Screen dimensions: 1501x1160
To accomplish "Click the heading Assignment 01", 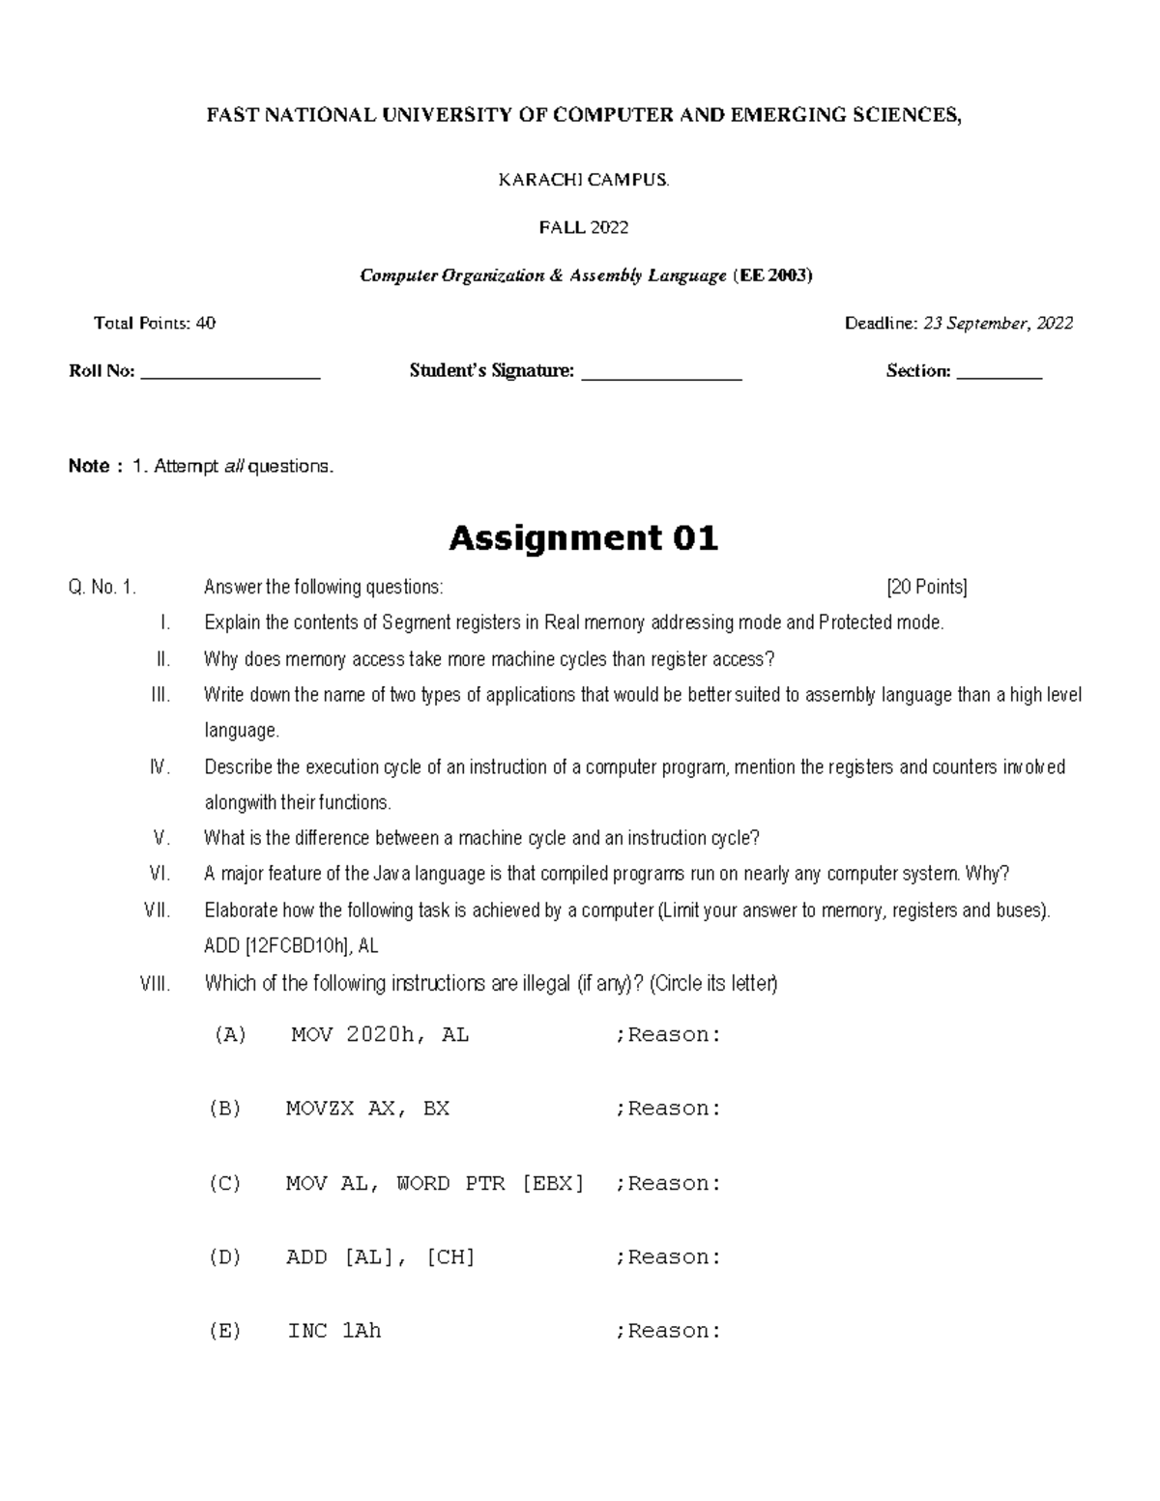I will tap(583, 537).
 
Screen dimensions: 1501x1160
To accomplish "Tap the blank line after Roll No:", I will tap(230, 372).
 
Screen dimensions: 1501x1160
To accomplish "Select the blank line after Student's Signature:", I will tap(661, 372).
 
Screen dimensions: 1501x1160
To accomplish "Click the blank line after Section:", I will tap(1000, 372).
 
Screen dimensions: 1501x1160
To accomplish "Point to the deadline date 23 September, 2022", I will tap(998, 323).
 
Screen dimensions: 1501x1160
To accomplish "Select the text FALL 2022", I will tap(583, 227).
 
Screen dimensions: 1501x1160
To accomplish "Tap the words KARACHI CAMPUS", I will tap(583, 180).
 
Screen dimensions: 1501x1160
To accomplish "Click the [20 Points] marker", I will tap(926, 587).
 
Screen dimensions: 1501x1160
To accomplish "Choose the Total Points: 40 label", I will tap(155, 323).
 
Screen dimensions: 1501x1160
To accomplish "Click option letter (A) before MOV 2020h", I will tap(229, 1035).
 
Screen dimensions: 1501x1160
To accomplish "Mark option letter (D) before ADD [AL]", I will tap(224, 1257).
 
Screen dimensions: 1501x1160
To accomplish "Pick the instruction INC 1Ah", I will tap(334, 1331).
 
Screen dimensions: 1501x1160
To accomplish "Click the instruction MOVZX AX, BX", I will tap(367, 1109).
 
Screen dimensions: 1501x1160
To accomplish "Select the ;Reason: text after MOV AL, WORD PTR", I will tap(668, 1183).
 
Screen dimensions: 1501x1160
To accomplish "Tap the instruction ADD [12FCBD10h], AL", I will tap(298, 947).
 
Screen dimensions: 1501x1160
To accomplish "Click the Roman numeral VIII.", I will tap(155, 984).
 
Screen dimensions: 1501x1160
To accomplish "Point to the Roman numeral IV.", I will tap(159, 767).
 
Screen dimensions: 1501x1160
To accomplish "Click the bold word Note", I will tap(88, 466).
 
